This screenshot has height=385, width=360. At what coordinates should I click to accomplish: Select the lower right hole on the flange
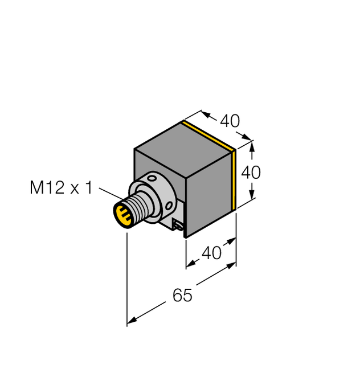click(169, 202)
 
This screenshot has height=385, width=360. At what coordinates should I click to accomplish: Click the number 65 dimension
click(182, 296)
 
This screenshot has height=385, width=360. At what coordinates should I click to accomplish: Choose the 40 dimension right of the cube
click(251, 172)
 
